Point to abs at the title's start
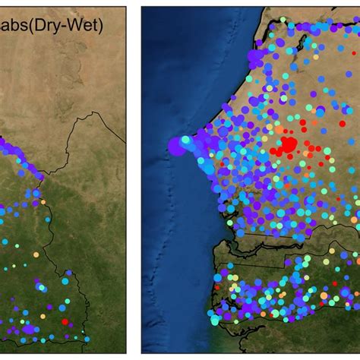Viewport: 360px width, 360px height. (14, 26)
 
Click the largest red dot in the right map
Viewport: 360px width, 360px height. (289, 145)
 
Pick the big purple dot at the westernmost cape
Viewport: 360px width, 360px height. (176, 146)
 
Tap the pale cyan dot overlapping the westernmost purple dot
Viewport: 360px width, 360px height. (185, 140)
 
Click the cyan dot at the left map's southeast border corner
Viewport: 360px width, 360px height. (87, 339)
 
